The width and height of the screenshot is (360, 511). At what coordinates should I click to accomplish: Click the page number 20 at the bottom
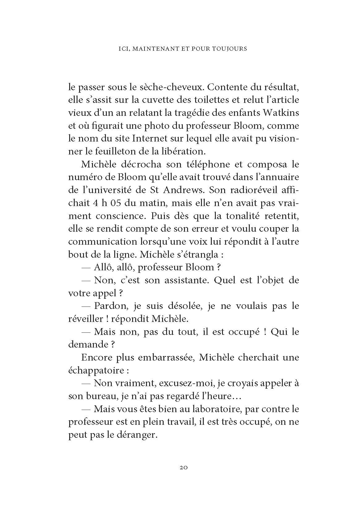click(184, 476)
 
